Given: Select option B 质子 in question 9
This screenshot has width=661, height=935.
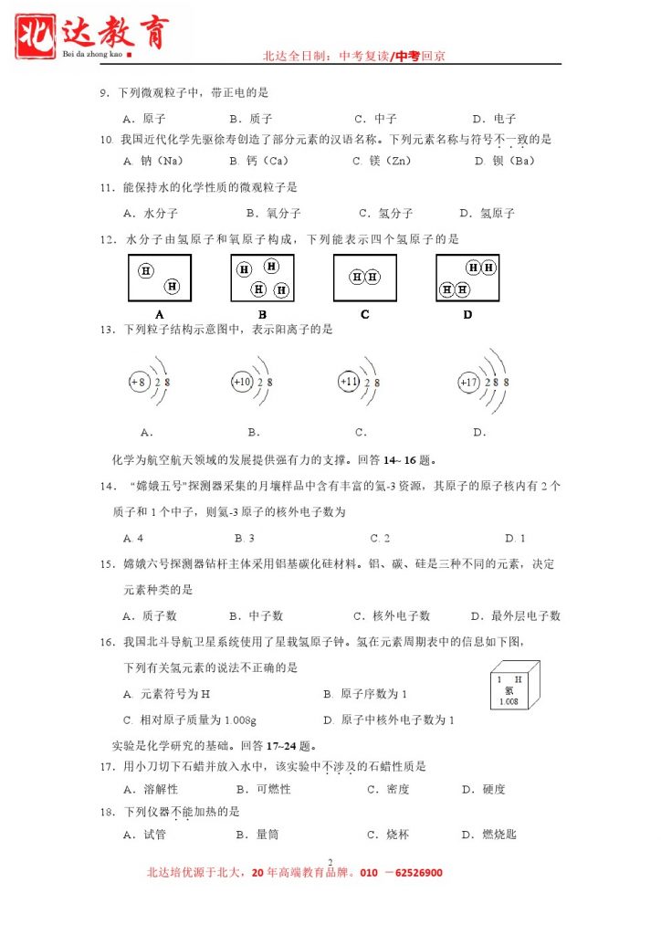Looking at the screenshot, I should coord(251,119).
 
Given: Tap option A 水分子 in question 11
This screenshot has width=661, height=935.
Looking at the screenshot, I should coord(145,214).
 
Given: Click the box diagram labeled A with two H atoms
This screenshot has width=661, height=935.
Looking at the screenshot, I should coord(160,278).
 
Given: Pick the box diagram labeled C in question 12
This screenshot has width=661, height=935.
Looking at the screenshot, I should coord(364,277).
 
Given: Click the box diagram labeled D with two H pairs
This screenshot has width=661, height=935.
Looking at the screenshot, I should coord(467,278).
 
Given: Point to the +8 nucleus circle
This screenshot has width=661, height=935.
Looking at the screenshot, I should coord(139,382).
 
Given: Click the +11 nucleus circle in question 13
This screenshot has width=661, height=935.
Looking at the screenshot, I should coord(350,382).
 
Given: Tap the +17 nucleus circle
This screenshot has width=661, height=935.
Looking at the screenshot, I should coord(468,383).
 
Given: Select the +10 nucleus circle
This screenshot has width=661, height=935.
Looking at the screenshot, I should coord(242,382).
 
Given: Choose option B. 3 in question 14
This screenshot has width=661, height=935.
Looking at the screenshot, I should coord(244,539).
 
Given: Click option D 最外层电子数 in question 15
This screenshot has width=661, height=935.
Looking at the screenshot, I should coord(515,616).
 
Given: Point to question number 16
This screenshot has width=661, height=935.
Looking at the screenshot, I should coord(107,642).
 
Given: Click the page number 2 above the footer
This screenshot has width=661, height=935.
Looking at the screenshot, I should coord(329,860).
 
